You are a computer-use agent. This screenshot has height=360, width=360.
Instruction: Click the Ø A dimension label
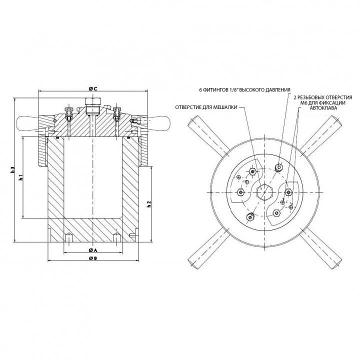92,249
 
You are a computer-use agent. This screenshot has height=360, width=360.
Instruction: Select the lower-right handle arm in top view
328,252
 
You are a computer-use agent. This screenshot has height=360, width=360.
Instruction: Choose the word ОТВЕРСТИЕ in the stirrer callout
192,106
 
